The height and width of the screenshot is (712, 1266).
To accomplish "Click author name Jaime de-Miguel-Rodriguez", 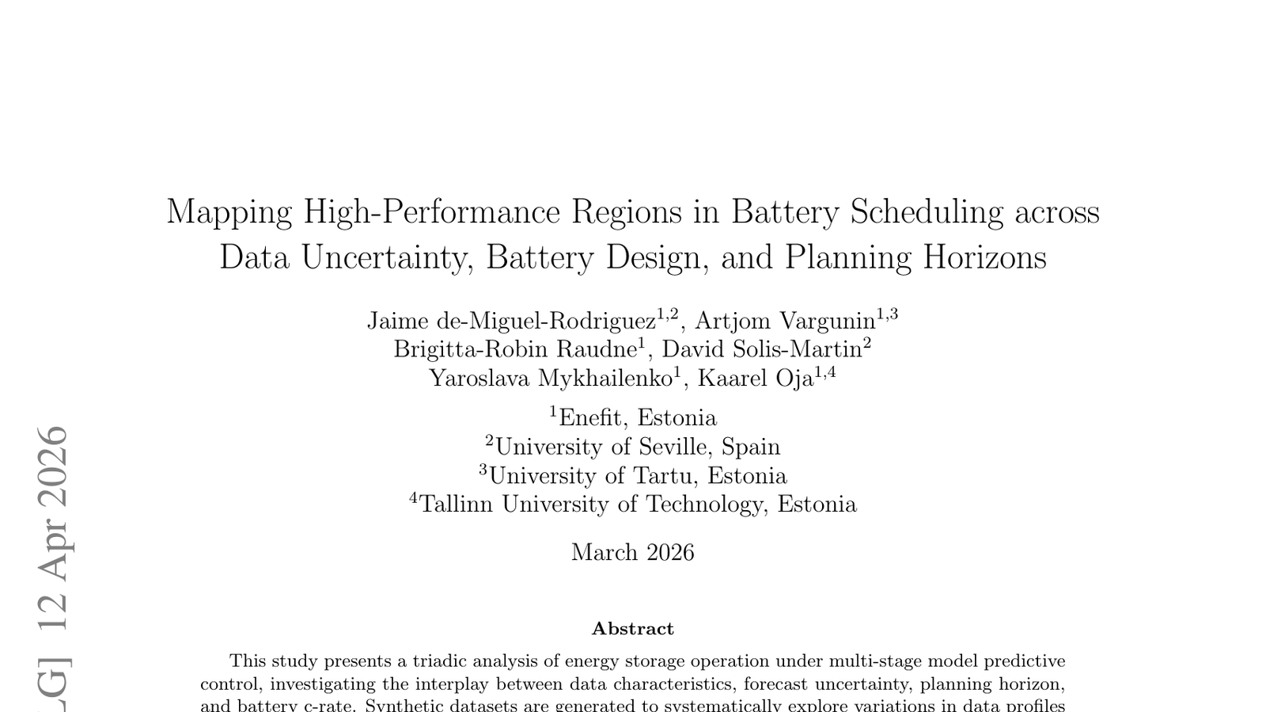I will click(x=511, y=321).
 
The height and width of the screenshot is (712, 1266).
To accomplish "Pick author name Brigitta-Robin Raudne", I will click(x=515, y=349).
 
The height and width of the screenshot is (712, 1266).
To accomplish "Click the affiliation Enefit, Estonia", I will click(x=637, y=418).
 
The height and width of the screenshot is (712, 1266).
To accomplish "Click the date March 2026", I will click(x=633, y=553).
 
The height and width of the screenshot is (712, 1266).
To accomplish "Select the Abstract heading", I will click(x=633, y=629).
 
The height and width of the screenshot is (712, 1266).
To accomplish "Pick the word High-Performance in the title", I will click(x=432, y=212).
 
